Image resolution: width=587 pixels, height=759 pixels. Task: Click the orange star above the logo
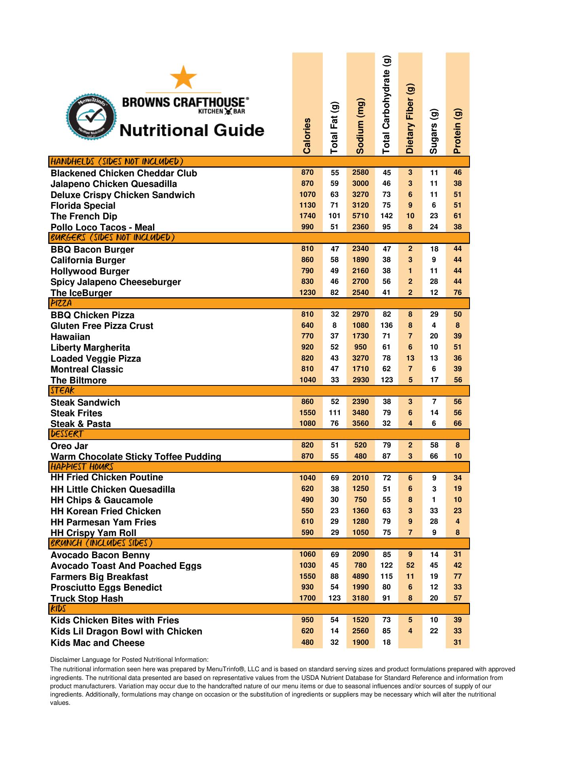(x=183, y=77)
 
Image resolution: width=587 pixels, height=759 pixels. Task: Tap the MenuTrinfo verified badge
(x=91, y=116)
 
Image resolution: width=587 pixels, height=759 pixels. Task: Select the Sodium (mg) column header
(x=360, y=126)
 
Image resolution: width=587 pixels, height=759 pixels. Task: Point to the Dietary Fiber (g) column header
(x=410, y=119)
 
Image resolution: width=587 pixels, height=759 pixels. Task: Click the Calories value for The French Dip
(x=307, y=216)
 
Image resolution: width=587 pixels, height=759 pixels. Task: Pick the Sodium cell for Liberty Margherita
(x=360, y=347)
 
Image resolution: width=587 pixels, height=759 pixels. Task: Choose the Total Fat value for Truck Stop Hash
(x=335, y=598)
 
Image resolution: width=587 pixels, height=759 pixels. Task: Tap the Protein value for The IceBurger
(x=458, y=293)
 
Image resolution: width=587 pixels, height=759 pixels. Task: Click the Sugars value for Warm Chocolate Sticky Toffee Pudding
(x=434, y=456)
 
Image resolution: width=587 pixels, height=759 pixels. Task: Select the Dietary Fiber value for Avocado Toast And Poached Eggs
(x=410, y=565)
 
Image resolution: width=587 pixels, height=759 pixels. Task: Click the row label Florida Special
(x=83, y=206)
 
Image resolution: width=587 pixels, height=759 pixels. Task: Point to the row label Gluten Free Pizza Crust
(x=102, y=326)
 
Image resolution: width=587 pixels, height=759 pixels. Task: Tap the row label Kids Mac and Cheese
(x=98, y=643)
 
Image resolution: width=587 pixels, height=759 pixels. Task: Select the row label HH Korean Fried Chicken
(x=106, y=511)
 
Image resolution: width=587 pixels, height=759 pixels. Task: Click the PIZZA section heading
(x=61, y=303)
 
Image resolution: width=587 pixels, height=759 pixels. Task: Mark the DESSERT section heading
(x=67, y=434)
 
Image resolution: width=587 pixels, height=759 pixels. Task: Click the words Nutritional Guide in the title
(x=192, y=130)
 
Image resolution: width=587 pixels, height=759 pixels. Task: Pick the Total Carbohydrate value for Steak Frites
(x=386, y=413)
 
